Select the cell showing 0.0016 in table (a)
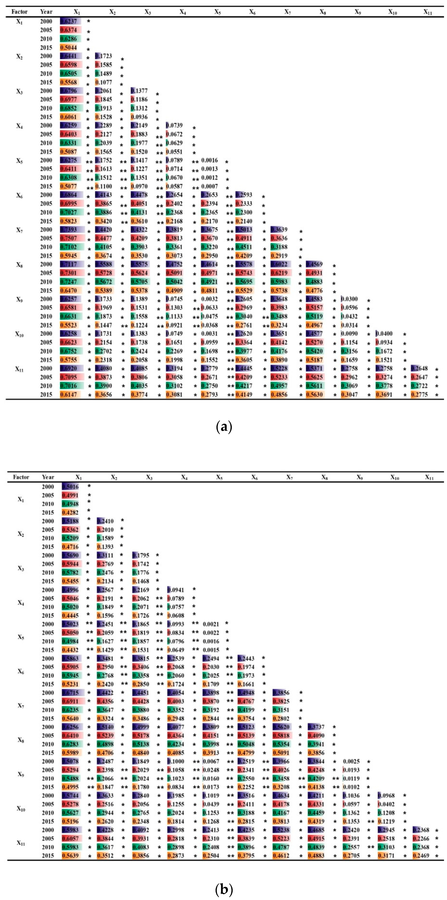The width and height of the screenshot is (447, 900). [209, 160]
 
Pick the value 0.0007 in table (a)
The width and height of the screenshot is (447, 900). [209, 186]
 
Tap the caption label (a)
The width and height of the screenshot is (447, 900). [224, 427]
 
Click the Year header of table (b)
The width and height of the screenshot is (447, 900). [48, 477]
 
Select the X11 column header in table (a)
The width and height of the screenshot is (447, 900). [428, 12]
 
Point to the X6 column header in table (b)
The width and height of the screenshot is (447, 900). [254, 477]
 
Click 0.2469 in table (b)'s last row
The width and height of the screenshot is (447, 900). [421, 856]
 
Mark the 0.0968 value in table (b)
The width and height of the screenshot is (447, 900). [386, 795]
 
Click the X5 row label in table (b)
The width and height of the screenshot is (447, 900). [21, 637]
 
